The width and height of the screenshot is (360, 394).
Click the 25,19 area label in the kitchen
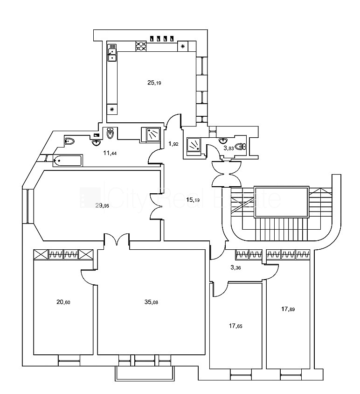[154, 83]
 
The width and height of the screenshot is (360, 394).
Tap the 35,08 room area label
[151, 302]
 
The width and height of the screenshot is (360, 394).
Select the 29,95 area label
[102, 205]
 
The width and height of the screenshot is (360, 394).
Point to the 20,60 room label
[63, 302]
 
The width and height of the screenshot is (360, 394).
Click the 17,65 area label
[235, 326]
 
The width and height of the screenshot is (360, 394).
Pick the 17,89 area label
[288, 309]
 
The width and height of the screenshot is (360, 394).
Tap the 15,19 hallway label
[193, 200]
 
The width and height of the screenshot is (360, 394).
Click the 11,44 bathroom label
[110, 153]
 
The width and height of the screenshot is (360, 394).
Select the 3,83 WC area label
[228, 148]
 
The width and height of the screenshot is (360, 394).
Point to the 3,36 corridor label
[235, 267]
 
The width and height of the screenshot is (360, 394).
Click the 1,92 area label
[173, 144]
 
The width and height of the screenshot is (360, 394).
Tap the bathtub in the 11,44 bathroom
[68, 161]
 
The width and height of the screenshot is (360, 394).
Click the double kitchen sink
[112, 53]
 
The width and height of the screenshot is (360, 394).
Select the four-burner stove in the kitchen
[141, 47]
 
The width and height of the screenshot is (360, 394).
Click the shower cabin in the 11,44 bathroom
[151, 135]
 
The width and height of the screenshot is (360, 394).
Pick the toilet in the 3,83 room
[241, 146]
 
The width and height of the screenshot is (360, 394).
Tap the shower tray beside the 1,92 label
[194, 145]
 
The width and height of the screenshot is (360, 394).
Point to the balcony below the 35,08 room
[145, 373]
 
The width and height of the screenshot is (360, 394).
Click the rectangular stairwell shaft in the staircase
[281, 202]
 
